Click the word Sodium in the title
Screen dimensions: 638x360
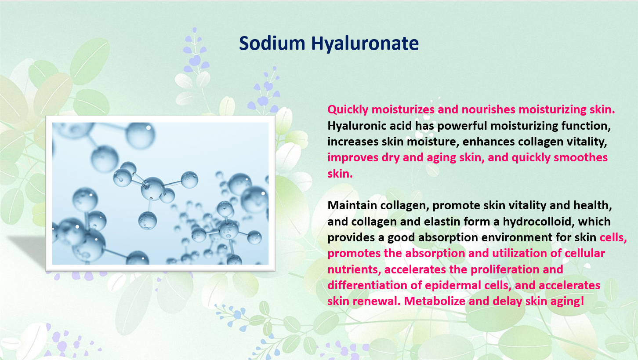(272, 44)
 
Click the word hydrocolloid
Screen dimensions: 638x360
(538, 222)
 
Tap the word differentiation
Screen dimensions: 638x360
(367, 285)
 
